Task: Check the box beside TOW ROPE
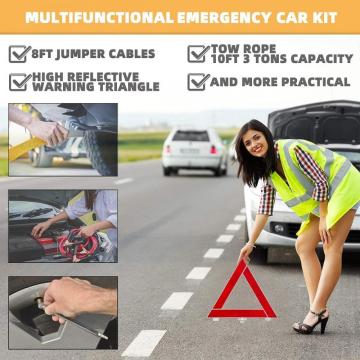tap(198, 53)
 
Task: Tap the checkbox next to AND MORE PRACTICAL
tap(198, 81)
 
